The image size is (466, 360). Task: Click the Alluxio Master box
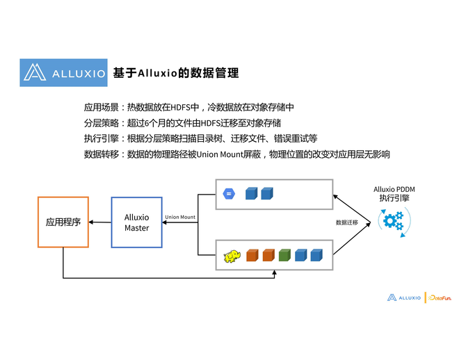[137, 222]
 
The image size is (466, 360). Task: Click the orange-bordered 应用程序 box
[63, 222]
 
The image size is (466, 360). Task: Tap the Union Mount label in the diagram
[180, 218]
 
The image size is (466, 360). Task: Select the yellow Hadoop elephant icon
[232, 256]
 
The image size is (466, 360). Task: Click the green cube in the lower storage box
[284, 255]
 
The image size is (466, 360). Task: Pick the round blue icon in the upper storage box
[229, 194]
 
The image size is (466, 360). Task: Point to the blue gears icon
[394, 222]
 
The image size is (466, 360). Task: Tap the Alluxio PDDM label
[394, 188]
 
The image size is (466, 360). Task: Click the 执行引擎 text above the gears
[394, 198]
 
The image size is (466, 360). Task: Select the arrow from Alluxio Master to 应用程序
[100, 222]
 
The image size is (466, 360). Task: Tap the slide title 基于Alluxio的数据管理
[176, 73]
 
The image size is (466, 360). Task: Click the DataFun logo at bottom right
[439, 297]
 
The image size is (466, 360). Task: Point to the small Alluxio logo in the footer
[404, 297]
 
